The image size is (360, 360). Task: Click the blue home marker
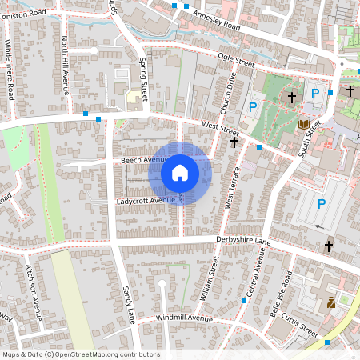pyautogui.click(x=180, y=173)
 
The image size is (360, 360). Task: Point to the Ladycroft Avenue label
pyautogui.click(x=149, y=200)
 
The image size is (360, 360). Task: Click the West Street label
pyautogui.click(x=220, y=128)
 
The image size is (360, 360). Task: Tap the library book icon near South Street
pyautogui.click(x=304, y=124)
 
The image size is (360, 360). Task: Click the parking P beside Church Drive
pyautogui.click(x=253, y=106)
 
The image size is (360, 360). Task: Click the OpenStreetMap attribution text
pyautogui.click(x=80, y=354)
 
